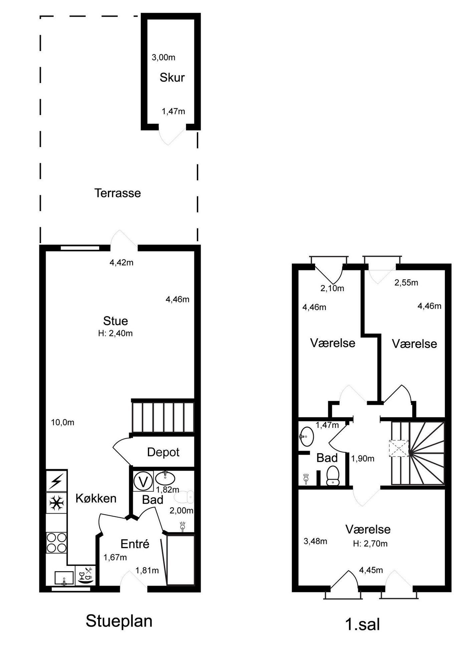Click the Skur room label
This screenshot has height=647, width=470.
172,77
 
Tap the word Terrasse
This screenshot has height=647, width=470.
117,193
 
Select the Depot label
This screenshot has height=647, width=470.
163,452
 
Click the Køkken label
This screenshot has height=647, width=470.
96,498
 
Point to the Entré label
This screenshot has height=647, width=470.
135,544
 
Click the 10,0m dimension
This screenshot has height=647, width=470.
62,423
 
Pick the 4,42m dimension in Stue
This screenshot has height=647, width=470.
122,263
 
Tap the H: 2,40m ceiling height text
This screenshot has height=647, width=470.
115,333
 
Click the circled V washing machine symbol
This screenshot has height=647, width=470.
143,482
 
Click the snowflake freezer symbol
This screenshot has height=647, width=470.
56,503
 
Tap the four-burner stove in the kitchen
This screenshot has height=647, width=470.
56,543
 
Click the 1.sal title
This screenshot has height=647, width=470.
363,624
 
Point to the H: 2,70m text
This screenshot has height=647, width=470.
370,544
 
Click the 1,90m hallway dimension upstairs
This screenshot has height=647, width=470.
363,459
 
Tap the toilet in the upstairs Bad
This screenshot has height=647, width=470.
332,476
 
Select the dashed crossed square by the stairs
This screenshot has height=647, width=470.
399,449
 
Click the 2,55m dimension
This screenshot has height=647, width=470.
406,283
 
